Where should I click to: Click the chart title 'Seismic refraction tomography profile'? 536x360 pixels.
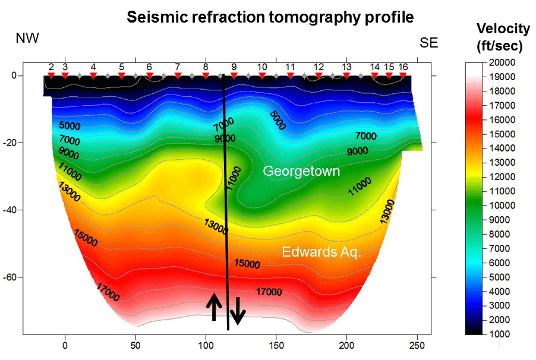[270, 18]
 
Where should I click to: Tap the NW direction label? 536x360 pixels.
[27, 39]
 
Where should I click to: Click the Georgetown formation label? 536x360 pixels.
[301, 172]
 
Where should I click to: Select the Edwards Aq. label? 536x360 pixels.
[321, 252]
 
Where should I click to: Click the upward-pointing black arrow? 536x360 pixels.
[214, 307]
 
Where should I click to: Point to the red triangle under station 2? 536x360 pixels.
[51, 75]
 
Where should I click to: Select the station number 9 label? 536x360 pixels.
[234, 67]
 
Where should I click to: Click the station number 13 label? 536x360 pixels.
[346, 67]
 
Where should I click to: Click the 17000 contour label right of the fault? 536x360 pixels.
[269, 292]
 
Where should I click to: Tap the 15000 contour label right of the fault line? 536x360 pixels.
[247, 263]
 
